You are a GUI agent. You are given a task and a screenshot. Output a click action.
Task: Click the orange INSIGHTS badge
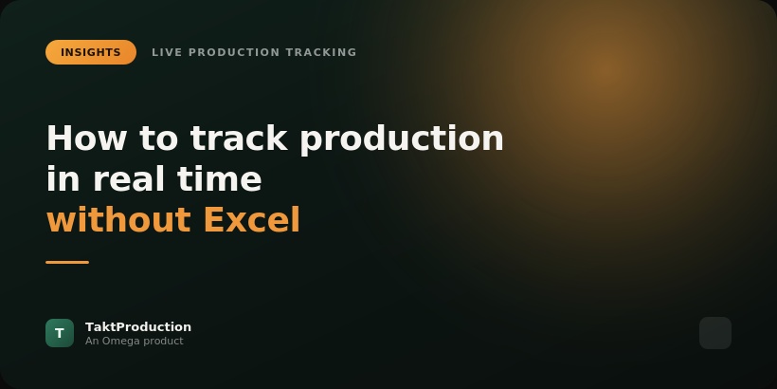91,52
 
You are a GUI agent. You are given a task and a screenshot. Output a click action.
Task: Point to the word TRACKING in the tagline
321,52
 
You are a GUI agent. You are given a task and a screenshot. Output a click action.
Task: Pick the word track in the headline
239,138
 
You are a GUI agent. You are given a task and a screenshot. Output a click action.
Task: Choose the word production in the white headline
402,139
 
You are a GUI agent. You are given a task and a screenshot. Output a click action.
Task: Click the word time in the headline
220,178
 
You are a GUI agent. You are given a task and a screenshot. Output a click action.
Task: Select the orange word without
118,219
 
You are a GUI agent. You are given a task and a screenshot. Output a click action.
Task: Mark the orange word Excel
252,219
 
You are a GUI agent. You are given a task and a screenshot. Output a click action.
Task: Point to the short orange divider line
67,262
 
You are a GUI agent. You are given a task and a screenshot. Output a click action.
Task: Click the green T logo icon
60,333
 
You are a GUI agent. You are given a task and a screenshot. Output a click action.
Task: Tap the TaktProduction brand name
138,327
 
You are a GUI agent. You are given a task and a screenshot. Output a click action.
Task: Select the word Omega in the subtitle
117,342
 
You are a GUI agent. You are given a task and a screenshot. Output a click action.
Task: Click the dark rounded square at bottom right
715,333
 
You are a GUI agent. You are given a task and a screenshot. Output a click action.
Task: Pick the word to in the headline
158,138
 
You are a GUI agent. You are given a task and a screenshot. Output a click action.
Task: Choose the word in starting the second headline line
63,178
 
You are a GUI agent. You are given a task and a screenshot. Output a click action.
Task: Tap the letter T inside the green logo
60,333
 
